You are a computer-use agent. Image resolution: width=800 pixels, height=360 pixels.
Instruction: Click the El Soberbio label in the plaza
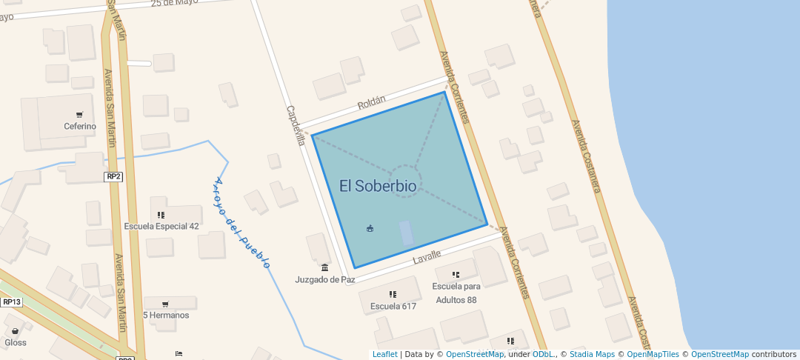coord(378,186)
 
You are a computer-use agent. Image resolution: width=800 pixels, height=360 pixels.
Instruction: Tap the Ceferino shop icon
coord(79,114)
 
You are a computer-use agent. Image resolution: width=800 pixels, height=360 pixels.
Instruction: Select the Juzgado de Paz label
coord(325,279)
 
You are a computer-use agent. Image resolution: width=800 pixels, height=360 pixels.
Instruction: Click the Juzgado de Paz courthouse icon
coord(324,267)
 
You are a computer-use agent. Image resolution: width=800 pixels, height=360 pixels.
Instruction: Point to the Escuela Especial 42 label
coord(161,226)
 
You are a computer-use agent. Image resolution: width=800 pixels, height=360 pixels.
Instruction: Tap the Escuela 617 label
coord(393,306)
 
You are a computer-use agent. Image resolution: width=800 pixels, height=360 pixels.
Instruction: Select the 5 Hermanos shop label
coord(166,315)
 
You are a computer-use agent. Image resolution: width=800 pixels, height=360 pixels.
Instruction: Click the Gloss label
coord(16,342)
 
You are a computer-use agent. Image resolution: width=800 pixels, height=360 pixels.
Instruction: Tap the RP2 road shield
coord(113,176)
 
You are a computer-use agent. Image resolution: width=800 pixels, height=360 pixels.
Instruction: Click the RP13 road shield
coord(11,301)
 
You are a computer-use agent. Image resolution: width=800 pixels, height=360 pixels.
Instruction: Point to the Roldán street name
coord(372,105)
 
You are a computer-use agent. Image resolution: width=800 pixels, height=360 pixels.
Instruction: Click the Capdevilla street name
coord(296,125)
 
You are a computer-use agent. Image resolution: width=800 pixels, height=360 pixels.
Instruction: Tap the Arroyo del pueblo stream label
coord(241,222)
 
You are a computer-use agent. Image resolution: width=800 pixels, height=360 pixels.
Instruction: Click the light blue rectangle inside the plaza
coord(406,233)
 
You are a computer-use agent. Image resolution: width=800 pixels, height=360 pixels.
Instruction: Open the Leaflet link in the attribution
coord(384,354)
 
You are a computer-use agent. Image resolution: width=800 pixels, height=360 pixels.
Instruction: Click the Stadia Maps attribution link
coord(592,354)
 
